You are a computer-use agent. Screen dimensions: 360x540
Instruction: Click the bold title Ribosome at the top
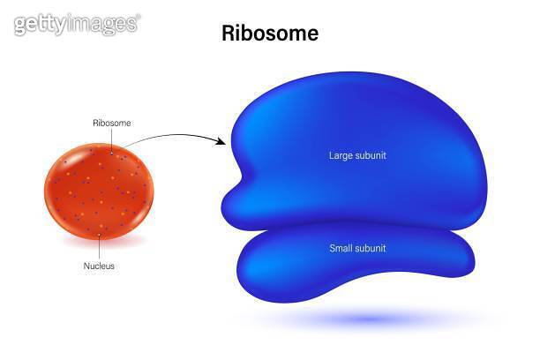point(269,34)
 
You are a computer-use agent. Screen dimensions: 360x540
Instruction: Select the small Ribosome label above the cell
point(112,123)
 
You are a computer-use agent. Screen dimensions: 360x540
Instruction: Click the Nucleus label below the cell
point(99,265)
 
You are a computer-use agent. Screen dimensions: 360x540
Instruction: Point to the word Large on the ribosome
point(341,156)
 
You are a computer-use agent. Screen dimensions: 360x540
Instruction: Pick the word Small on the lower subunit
point(341,248)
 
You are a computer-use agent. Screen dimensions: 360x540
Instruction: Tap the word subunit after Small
point(371,248)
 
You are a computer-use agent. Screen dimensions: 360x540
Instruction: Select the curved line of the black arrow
point(168,136)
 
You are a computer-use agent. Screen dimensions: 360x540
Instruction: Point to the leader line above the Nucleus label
point(100,246)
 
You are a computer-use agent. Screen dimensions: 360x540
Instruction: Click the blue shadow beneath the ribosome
point(371,318)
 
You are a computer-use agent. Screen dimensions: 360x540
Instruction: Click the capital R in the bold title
point(227,34)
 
